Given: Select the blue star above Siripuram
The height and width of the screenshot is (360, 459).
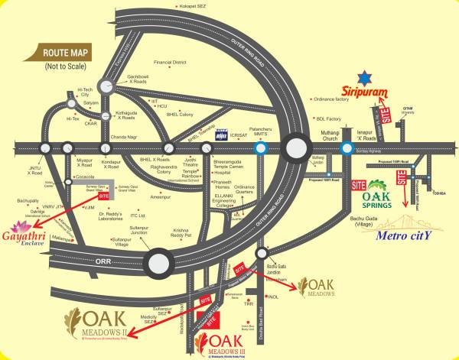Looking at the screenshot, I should point(366,76).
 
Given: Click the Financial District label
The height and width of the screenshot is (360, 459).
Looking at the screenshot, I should point(170,62).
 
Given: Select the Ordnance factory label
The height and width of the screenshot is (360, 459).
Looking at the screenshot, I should point(332,99).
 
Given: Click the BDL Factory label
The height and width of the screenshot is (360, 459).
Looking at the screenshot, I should point(328,119).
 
